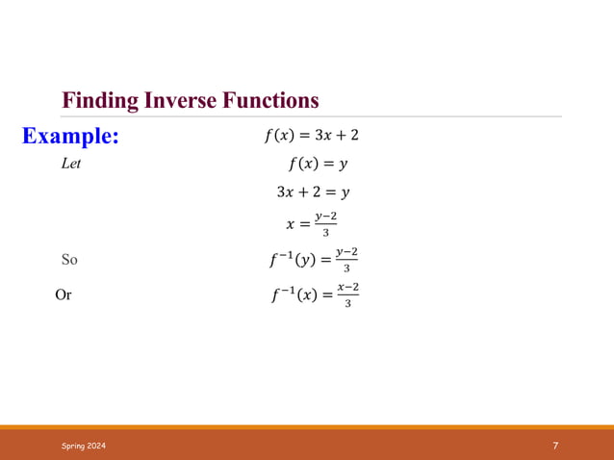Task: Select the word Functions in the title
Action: click(270, 100)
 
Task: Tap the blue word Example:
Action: click(71, 137)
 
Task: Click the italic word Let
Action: click(70, 164)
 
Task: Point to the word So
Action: click(69, 259)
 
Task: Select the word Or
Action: click(64, 294)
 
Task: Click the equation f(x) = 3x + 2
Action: click(311, 135)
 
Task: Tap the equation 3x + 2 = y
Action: click(313, 192)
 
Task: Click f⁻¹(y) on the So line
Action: click(289, 259)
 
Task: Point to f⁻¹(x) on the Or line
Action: click(289, 294)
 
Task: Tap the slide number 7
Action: click(555, 446)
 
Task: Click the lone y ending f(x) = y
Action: click(343, 165)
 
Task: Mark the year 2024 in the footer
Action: click(97, 446)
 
